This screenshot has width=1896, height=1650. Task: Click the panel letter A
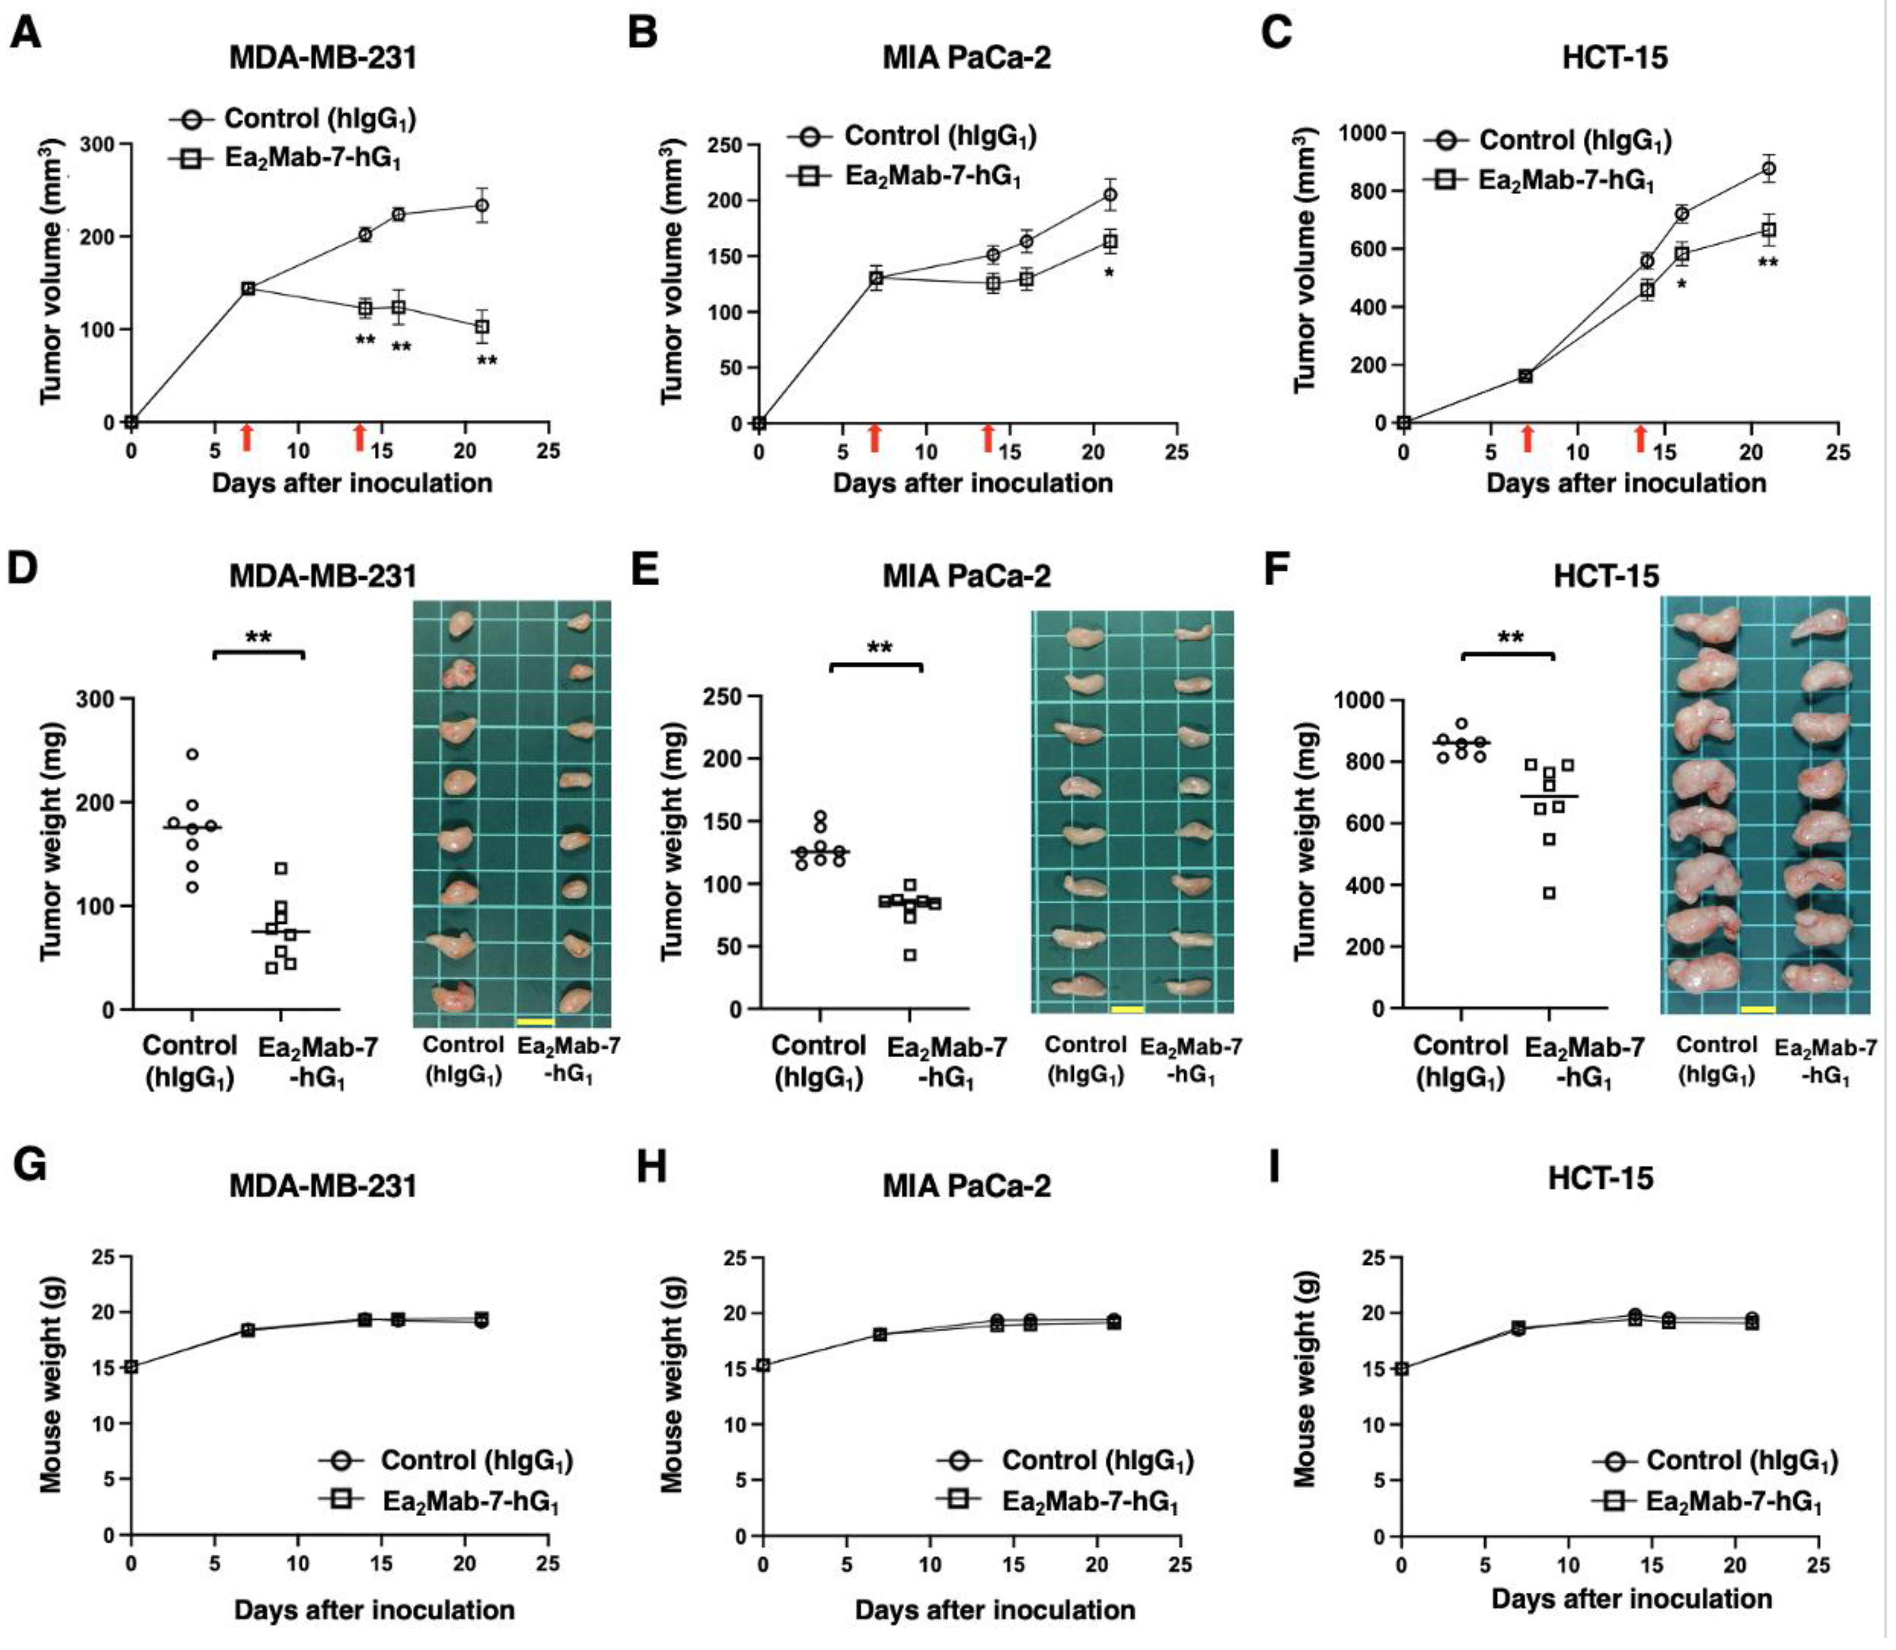pos(25,34)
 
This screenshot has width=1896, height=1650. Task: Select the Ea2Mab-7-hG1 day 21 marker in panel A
pos(481,327)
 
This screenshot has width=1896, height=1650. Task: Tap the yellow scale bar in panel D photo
pos(536,1021)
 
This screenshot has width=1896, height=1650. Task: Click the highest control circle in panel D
pos(192,755)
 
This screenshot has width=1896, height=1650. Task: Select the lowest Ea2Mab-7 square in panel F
pos(1550,892)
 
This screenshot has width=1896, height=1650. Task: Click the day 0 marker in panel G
pos(132,1366)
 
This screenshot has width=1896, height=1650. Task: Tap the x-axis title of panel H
pos(995,1610)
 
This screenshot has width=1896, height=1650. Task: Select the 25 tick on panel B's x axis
pos(1176,452)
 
